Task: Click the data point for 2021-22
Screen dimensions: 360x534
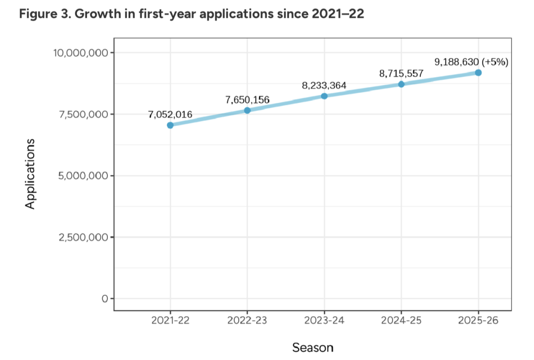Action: click(170, 125)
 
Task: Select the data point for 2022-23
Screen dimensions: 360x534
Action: click(247, 110)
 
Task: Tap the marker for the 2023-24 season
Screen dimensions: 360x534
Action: click(324, 96)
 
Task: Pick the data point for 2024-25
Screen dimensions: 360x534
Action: click(401, 84)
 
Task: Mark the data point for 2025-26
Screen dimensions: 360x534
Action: click(478, 73)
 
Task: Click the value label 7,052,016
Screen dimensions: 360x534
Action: click(170, 115)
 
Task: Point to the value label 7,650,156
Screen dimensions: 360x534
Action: click(247, 100)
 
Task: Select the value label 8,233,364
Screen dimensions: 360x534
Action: click(324, 86)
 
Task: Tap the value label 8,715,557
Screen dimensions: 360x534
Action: click(401, 74)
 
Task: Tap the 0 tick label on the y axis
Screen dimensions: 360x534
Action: click(104, 299)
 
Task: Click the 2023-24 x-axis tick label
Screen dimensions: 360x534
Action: click(324, 320)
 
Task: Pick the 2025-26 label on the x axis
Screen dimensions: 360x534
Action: click(478, 320)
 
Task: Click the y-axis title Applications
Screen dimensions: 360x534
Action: click(31, 174)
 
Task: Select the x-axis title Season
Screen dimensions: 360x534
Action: click(312, 347)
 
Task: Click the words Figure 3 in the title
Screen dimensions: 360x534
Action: click(41, 14)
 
